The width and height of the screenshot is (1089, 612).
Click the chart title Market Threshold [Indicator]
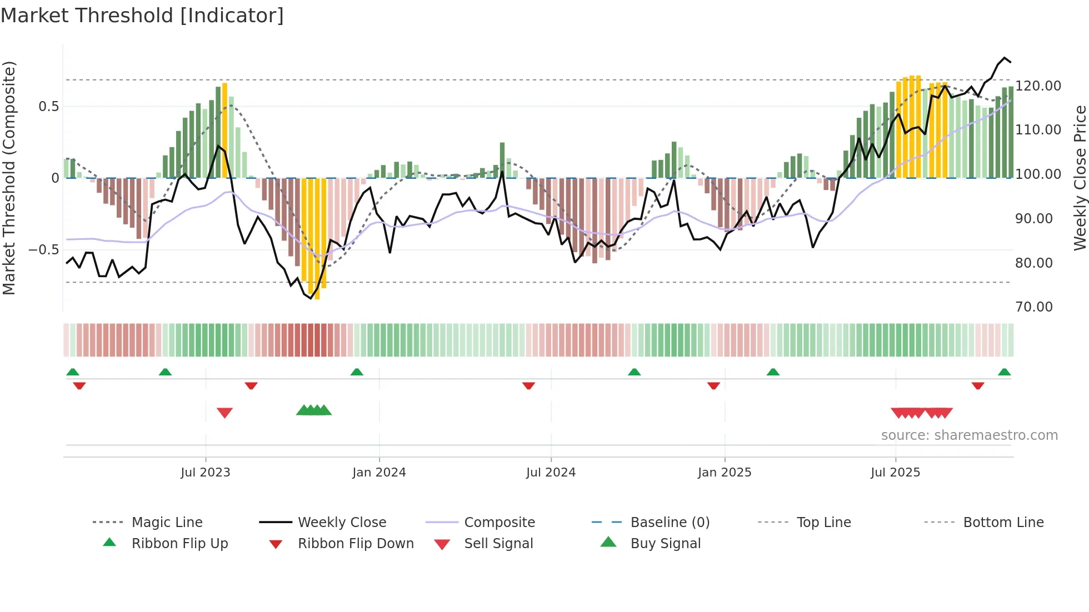[142, 16]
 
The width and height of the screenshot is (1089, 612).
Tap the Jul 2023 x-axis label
[205, 473]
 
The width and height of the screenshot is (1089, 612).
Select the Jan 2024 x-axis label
[379, 473]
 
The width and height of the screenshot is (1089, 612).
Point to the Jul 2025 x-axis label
[895, 473]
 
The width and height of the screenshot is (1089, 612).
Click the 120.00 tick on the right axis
[1038, 86]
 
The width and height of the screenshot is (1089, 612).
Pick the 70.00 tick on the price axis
[1033, 307]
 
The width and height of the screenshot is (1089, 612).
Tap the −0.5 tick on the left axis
[44, 250]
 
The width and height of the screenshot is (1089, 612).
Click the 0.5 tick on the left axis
[48, 107]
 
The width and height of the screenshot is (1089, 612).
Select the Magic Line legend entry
[167, 523]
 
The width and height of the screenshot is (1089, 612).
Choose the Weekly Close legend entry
[342, 523]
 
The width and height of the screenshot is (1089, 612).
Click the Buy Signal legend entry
[665, 544]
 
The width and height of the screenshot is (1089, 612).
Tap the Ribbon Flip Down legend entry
[356, 544]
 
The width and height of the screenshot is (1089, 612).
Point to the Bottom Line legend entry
[1003, 523]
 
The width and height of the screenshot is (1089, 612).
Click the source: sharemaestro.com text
[969, 435]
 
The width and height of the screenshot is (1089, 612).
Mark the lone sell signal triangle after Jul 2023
[224, 413]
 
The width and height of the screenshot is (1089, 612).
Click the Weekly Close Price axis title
[1079, 178]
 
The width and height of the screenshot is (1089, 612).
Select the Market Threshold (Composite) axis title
[9, 178]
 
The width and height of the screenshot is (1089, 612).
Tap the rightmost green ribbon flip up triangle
[1004, 372]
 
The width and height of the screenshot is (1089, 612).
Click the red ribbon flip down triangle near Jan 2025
[713, 385]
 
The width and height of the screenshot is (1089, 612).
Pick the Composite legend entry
[499, 523]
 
